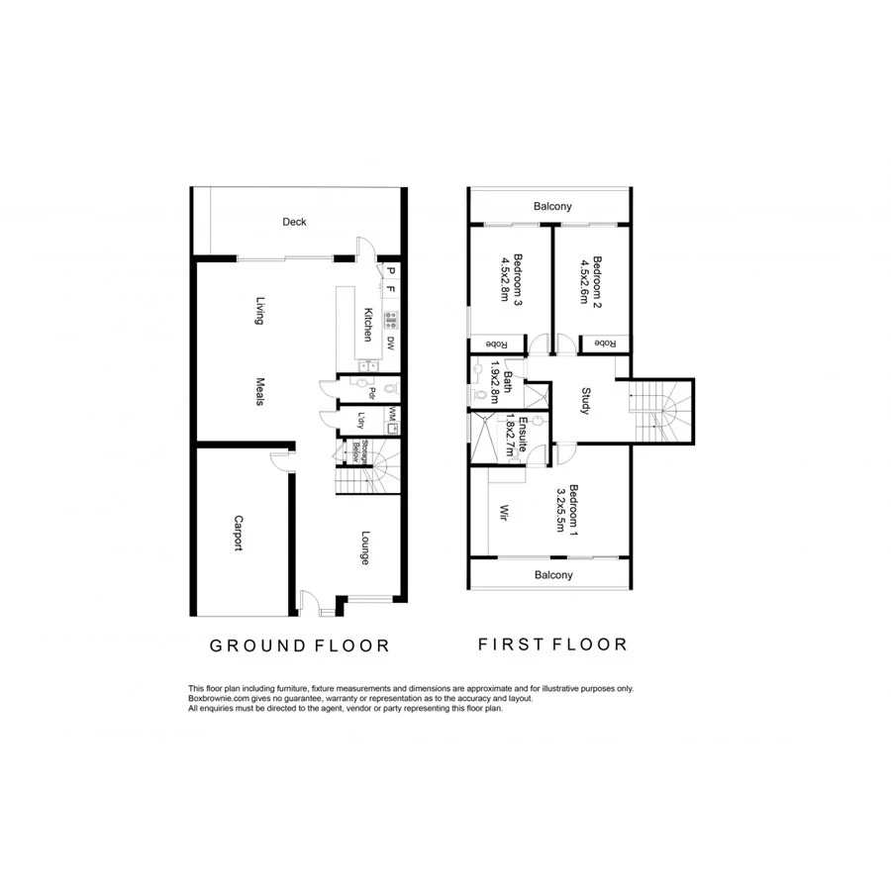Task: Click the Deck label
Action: coord(293,222)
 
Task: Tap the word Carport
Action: coord(238,533)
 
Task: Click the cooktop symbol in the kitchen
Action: coord(391,319)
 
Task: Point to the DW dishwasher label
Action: coord(391,345)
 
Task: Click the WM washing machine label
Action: coord(393,413)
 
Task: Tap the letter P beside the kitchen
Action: coord(391,272)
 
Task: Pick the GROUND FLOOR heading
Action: coord(299,645)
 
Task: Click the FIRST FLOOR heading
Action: coord(552,644)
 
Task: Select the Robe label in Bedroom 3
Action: coord(496,344)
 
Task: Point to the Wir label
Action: coord(503,513)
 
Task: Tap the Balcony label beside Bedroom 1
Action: coord(553,574)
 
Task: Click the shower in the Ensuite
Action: coord(486,439)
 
